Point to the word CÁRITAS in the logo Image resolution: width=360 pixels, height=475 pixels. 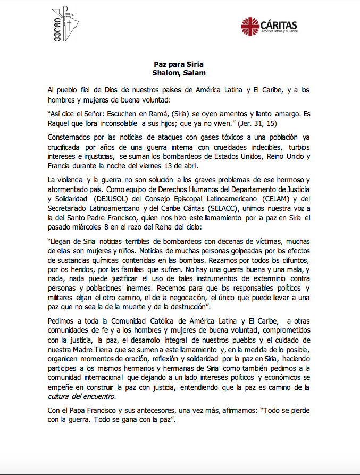[x=278, y=24]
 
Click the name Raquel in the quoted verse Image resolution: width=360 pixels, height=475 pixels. [x=60, y=123]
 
